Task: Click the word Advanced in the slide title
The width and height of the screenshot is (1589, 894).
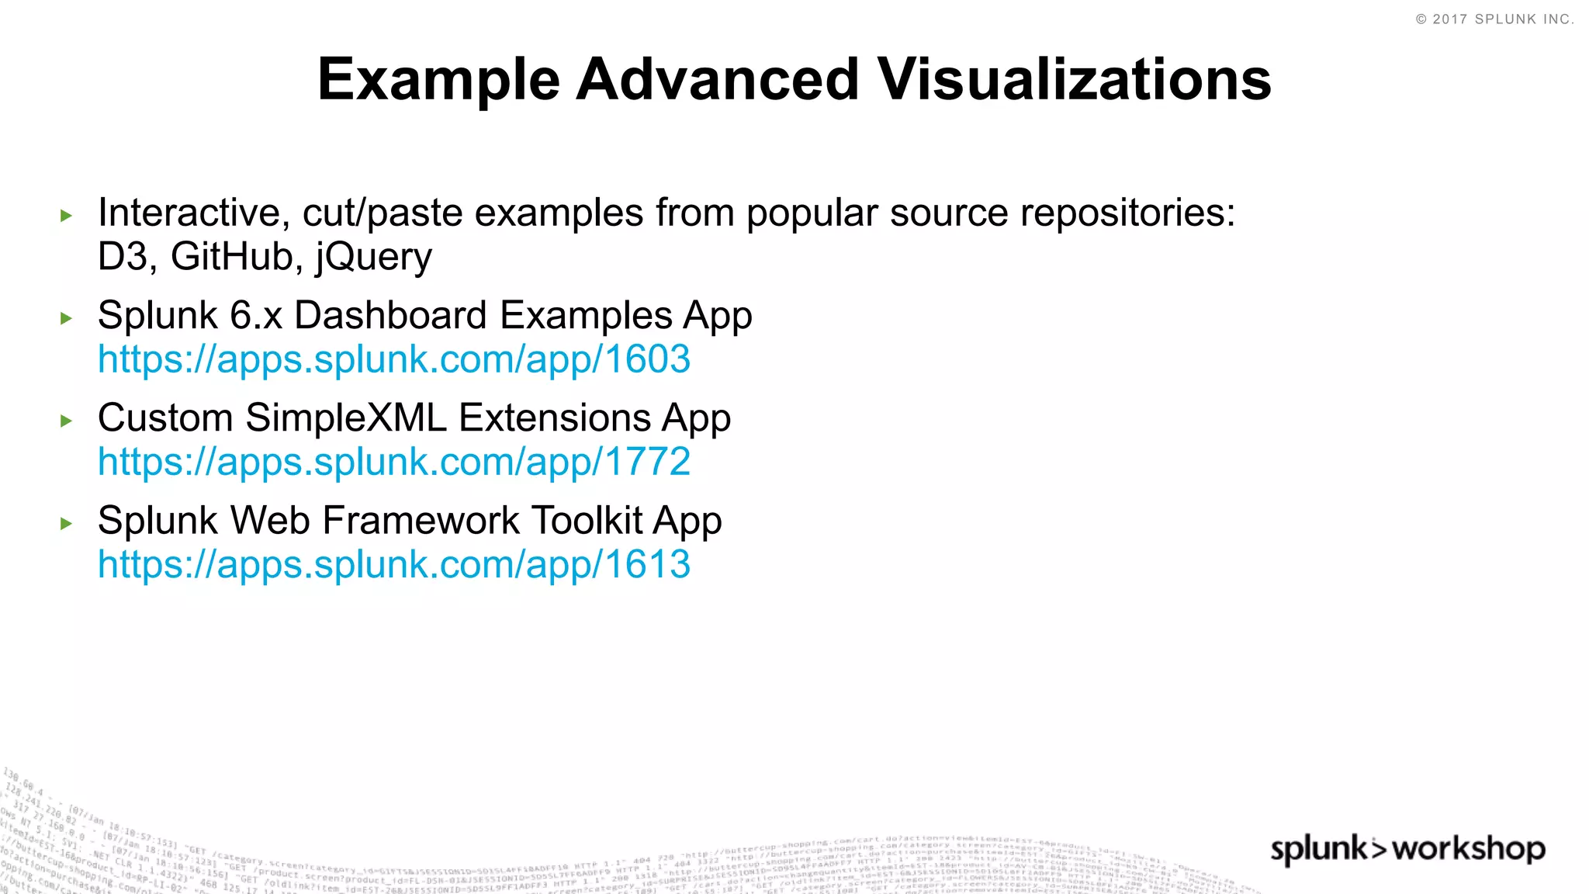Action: point(718,79)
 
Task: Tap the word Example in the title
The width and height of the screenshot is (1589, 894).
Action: point(438,81)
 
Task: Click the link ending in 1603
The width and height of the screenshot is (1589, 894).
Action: point(394,359)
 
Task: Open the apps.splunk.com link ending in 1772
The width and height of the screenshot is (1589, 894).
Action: point(394,462)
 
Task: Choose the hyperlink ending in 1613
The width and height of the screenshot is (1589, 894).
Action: point(394,564)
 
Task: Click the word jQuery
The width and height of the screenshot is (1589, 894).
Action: point(373,258)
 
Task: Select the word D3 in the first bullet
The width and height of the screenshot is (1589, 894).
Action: point(123,256)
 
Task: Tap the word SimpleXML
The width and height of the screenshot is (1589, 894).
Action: point(346,418)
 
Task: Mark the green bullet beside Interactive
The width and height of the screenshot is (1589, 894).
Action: point(66,216)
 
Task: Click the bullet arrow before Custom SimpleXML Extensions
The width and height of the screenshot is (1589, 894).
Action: point(66,421)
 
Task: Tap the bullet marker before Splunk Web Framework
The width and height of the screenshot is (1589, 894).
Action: point(66,523)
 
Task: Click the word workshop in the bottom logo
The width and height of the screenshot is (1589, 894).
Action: point(1469,849)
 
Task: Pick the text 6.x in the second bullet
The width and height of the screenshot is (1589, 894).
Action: point(256,315)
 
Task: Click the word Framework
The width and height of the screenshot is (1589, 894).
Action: point(421,521)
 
